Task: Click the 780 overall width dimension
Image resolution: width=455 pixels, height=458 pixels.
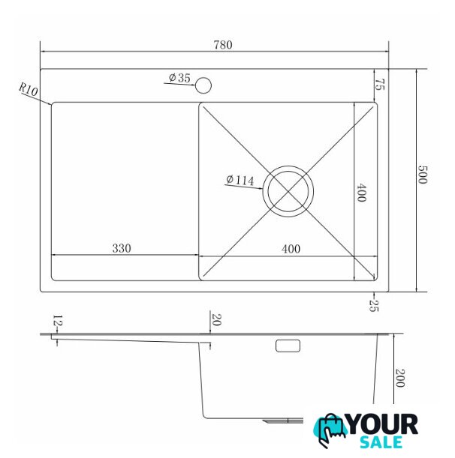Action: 223,45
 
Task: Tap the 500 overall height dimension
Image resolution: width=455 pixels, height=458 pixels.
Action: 422,175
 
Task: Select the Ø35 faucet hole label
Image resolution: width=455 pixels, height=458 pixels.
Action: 179,78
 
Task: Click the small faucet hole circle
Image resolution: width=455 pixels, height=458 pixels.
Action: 203,85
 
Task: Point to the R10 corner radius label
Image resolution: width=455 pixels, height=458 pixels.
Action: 29,89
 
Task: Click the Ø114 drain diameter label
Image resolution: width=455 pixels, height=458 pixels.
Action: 240,180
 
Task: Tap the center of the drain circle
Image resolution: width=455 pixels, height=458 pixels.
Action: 288,191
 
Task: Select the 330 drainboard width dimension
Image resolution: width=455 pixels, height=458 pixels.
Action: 122,248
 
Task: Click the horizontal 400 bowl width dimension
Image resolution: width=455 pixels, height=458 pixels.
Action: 291,249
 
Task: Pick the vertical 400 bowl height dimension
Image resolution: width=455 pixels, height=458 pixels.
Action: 361,192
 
